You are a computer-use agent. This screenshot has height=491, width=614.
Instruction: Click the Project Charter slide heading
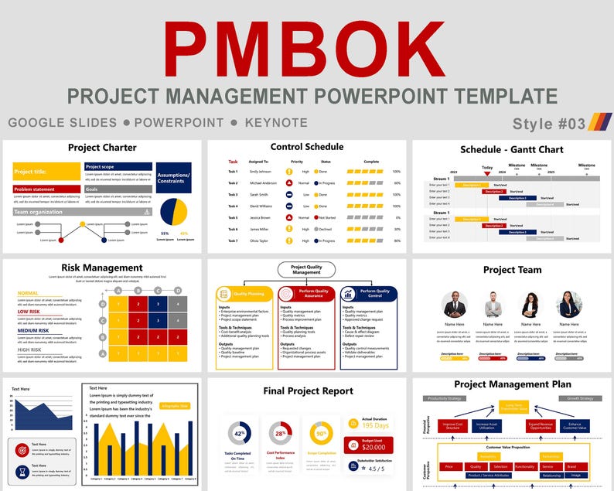[x=102, y=148]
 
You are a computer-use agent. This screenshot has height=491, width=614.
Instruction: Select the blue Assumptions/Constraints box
[x=174, y=177]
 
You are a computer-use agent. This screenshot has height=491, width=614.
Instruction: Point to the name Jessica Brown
[x=261, y=218]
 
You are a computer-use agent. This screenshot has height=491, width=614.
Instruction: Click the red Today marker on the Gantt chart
[x=487, y=174]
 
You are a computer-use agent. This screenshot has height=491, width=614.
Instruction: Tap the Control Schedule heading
[x=307, y=147]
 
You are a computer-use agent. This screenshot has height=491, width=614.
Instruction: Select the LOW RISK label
[x=29, y=312]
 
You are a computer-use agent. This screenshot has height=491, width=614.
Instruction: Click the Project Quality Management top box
[x=306, y=270]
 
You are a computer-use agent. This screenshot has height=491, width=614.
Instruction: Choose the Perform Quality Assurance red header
[x=306, y=294]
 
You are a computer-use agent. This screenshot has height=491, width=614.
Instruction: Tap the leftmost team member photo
[x=454, y=305]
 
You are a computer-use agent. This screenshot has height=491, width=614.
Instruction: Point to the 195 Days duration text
[x=376, y=425]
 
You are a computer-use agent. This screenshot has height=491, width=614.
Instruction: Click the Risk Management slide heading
[x=102, y=268]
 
